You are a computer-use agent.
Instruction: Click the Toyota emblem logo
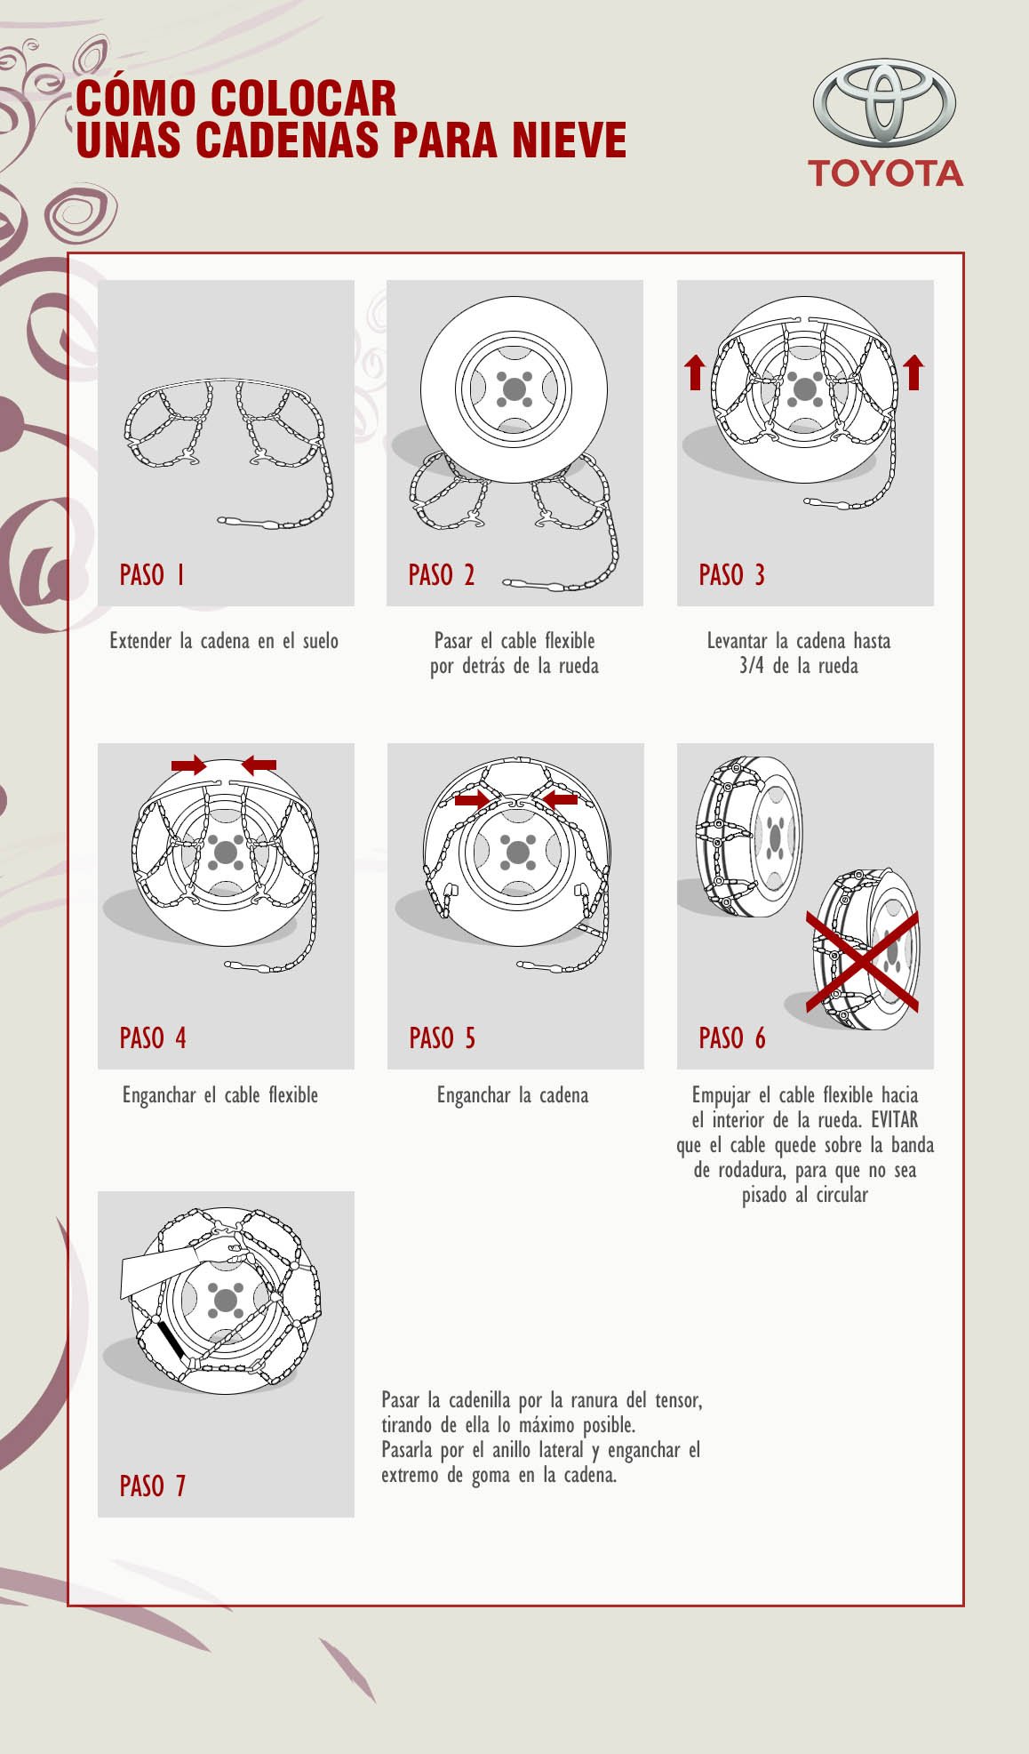point(884,104)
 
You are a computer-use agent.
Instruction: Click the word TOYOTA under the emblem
point(885,173)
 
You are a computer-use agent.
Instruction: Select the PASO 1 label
point(152,575)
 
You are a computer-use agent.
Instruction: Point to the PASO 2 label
point(442,575)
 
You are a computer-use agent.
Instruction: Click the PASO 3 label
point(731,575)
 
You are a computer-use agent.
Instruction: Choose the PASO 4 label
point(153,1037)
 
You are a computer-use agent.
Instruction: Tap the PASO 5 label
point(443,1037)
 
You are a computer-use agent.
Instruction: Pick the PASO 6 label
point(731,1037)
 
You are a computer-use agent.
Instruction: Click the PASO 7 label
point(153,1486)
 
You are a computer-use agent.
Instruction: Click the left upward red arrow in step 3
point(695,372)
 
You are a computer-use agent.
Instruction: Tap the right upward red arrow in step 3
point(913,372)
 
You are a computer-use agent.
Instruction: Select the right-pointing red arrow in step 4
point(189,765)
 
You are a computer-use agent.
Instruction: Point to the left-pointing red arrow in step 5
point(560,799)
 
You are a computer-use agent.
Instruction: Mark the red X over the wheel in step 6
point(863,961)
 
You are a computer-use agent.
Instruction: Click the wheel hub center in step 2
point(514,389)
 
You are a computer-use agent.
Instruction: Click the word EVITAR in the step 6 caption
point(894,1120)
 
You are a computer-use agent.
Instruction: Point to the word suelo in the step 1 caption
point(320,641)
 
